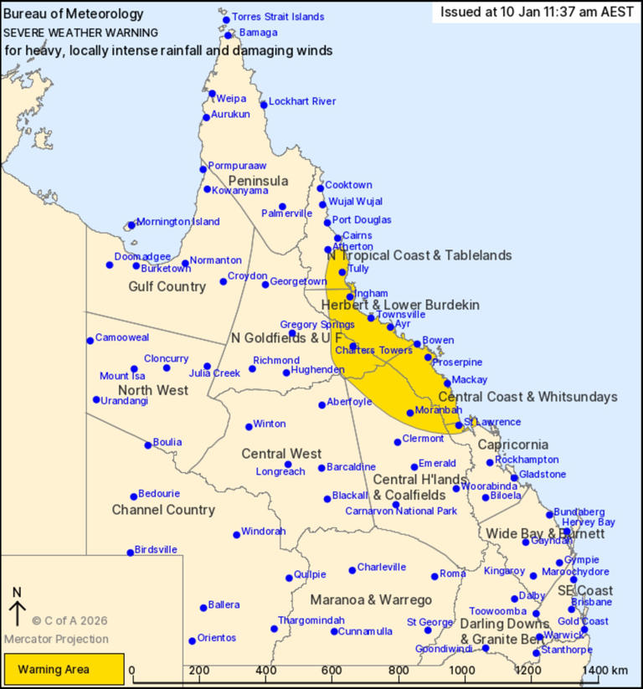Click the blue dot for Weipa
pos(213,94)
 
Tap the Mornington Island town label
pos(177,222)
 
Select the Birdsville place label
pos(156,549)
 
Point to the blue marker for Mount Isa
pos(134,368)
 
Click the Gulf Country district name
pos(167,286)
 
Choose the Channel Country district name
pos(163,509)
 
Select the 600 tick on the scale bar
pos(334,671)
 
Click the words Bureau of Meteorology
pos(73,14)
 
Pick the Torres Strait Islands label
pos(278,17)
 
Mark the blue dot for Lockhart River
pos(264,105)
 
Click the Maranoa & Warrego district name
pos(371,600)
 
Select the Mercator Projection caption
pos(56,639)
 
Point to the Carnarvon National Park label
pos(401,511)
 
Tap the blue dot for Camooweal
pos(90,340)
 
